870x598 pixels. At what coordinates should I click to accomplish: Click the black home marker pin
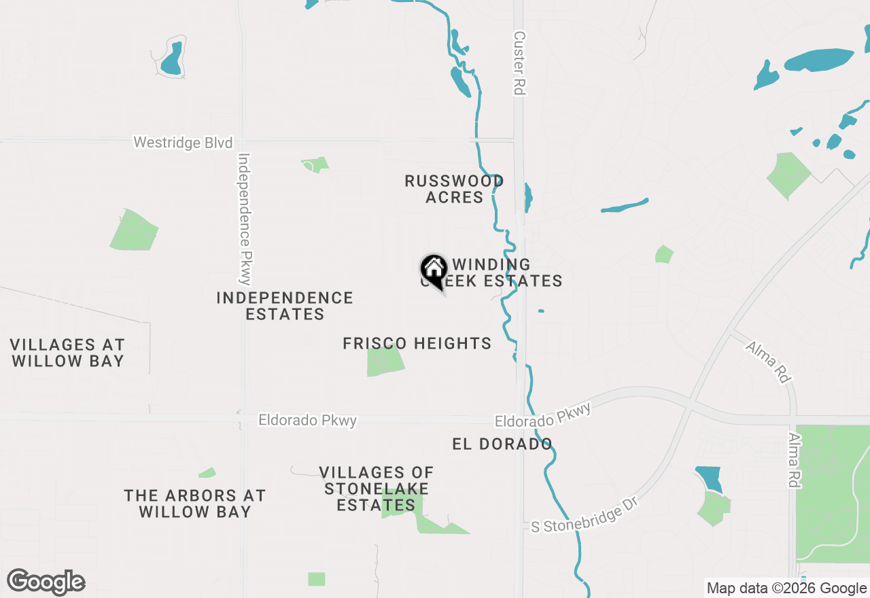click(434, 270)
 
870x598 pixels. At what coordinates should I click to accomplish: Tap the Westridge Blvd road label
click(183, 143)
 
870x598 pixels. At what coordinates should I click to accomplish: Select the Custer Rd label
click(520, 63)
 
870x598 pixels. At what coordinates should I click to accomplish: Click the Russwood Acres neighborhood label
click(454, 189)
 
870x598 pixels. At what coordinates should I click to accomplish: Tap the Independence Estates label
click(285, 306)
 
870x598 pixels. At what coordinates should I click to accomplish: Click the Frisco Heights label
click(417, 344)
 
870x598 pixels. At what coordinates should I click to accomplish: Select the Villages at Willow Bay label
click(67, 353)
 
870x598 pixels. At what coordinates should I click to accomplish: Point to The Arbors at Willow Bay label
click(195, 504)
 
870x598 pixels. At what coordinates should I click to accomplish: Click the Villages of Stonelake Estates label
click(376, 489)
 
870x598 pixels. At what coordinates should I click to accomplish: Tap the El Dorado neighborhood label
click(502, 444)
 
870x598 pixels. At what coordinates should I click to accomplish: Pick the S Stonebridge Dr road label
click(578, 517)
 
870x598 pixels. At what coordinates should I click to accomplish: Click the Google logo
click(46, 582)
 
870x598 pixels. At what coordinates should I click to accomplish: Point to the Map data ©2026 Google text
click(786, 588)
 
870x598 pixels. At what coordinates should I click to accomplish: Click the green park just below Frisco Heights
click(385, 361)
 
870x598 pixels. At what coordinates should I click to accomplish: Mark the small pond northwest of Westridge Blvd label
click(171, 59)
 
